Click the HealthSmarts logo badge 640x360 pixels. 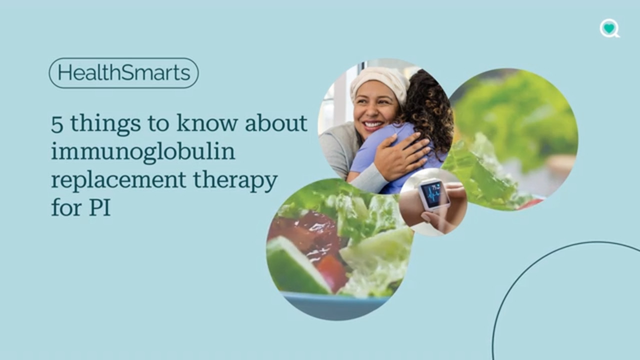pos(123,73)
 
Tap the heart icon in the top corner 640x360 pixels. pos(609,28)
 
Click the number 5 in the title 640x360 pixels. pos(57,123)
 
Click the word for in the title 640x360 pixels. pos(66,207)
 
